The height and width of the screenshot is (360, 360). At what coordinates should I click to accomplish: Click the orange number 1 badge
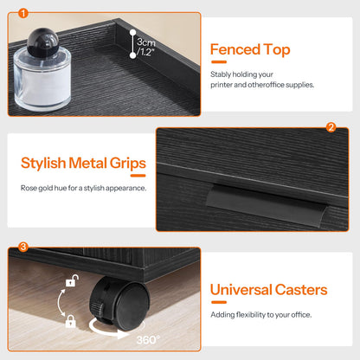click(x=23, y=13)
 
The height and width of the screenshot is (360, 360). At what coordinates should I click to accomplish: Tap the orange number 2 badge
click(x=331, y=127)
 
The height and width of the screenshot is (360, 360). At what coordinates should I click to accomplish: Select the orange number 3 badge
click(x=23, y=247)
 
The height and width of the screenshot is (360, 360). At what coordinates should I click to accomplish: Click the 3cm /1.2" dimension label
click(x=146, y=47)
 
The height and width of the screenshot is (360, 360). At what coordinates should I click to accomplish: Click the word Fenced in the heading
click(x=235, y=49)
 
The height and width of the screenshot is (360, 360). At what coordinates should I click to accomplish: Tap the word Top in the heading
click(x=277, y=50)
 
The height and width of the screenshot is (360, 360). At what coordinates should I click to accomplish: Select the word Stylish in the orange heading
click(x=43, y=164)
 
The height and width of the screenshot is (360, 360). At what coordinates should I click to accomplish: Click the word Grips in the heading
click(x=128, y=164)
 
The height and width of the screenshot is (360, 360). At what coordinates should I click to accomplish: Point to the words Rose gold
click(x=36, y=188)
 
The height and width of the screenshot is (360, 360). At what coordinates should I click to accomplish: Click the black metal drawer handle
click(x=267, y=205)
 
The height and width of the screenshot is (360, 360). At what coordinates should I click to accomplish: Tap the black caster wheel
click(x=119, y=303)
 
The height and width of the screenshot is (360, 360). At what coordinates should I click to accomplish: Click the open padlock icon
click(x=72, y=280)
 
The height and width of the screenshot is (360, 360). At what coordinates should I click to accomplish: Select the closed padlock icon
click(x=71, y=321)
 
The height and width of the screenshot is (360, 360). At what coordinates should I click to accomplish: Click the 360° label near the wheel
click(x=148, y=340)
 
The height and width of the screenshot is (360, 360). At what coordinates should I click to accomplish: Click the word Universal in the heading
click(x=241, y=290)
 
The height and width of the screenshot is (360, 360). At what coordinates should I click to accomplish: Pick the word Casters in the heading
click(x=301, y=290)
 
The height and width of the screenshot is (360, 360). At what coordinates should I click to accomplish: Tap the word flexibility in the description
click(x=251, y=315)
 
